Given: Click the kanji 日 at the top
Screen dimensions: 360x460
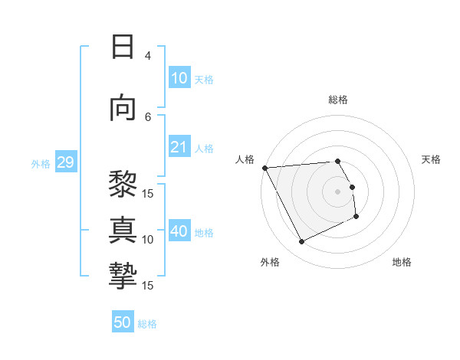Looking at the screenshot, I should coord(123,47).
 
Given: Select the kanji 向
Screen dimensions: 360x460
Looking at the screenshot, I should coord(123,108).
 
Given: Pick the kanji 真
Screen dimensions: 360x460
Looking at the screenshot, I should coord(123,231).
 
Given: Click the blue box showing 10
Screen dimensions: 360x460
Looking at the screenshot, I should coord(179,78).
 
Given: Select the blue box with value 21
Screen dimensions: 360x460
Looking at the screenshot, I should coord(179,147).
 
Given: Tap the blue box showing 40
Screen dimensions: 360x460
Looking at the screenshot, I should coord(179,231).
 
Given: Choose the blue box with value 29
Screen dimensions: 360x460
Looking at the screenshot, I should coord(65,162).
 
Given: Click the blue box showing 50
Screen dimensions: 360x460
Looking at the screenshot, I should coord(123,323).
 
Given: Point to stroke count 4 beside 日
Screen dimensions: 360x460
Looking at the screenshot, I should coord(148,56).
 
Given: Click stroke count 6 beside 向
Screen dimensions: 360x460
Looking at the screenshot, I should coord(148,116).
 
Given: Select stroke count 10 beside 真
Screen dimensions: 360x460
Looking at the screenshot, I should coord(148,239).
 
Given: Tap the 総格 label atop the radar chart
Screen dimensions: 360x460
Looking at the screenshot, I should coord(338,100).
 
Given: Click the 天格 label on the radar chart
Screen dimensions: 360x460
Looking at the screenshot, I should coord(431,159).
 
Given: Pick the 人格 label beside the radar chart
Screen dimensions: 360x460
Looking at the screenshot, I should coord(245,159).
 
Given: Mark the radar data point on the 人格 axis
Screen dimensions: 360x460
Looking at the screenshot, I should coord(265,168).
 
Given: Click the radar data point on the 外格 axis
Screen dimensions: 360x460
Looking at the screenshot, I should coord(301,242).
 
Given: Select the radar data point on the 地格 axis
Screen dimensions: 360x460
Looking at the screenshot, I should coord(356,217).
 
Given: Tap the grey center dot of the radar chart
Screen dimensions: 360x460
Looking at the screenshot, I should coord(338,191).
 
